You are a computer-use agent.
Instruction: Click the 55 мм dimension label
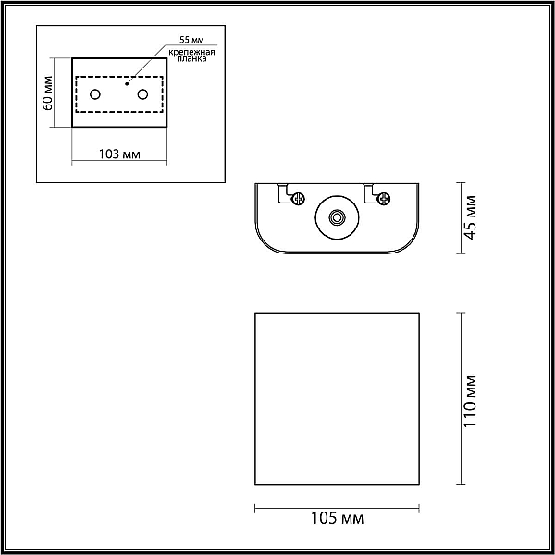tap(191, 40)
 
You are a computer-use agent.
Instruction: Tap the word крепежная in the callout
tap(191, 53)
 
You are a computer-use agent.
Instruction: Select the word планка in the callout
tap(191, 59)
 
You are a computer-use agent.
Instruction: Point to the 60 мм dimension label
tap(47, 93)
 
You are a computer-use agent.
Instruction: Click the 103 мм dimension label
tap(119, 154)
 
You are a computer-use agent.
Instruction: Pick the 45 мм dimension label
tap(471, 217)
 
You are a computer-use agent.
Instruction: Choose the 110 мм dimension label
tap(471, 401)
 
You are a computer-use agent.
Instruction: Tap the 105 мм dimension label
tap(337, 518)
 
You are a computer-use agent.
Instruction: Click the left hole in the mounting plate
tap(95, 94)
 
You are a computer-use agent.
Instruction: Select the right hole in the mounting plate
tap(143, 94)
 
